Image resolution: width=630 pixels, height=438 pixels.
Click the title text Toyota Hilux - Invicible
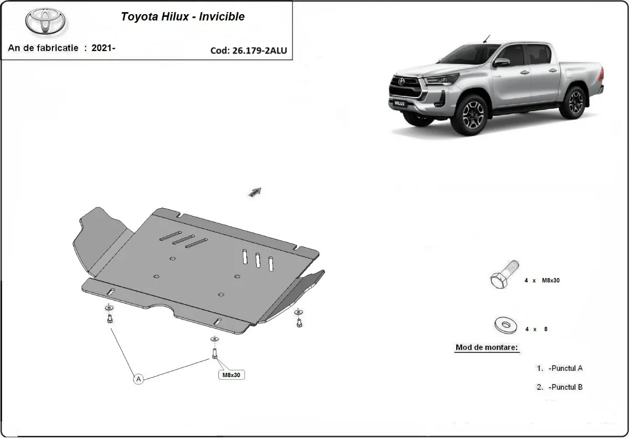coord(183,16)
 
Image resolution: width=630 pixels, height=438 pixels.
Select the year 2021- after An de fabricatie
coord(103,48)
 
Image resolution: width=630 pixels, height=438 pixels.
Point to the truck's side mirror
coord(501,62)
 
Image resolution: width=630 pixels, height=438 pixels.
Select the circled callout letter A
coord(138,379)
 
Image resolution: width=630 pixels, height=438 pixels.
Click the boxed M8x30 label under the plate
coord(231,375)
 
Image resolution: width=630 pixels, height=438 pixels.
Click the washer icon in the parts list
coord(506,325)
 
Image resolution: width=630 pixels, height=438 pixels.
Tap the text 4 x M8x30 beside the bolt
coord(542,281)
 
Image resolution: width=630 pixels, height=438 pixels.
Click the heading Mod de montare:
coord(487,347)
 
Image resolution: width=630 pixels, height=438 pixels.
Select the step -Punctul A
coord(564,368)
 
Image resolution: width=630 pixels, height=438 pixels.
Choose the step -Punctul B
coord(564,387)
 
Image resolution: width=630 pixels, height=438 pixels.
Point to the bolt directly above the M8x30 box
coord(215,352)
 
